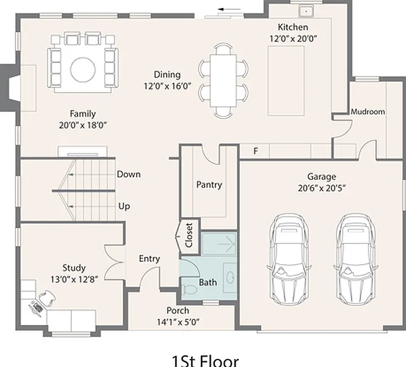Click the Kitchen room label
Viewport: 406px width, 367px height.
(293, 27)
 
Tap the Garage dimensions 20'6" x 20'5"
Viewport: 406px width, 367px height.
(322, 188)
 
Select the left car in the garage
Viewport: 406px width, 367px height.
(289, 259)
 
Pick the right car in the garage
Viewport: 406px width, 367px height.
(356, 259)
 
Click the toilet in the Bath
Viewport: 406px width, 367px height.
(189, 289)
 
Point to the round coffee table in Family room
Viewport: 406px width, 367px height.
(83, 70)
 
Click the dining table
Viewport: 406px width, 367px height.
(223, 80)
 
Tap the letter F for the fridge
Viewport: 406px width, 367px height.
(256, 151)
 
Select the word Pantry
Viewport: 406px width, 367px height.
(209, 185)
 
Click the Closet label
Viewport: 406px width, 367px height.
(189, 235)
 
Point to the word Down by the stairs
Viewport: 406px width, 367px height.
(129, 174)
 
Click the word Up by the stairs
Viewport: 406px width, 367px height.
(124, 207)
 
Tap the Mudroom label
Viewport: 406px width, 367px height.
(368, 112)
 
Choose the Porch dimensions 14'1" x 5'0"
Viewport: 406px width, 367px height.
(178, 322)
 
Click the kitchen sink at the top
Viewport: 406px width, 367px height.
(306, 12)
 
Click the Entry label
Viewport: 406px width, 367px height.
(150, 259)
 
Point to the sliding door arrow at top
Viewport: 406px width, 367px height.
(229, 9)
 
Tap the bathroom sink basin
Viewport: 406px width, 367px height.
(230, 278)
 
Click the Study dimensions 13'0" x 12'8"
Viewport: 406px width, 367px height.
(74, 280)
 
